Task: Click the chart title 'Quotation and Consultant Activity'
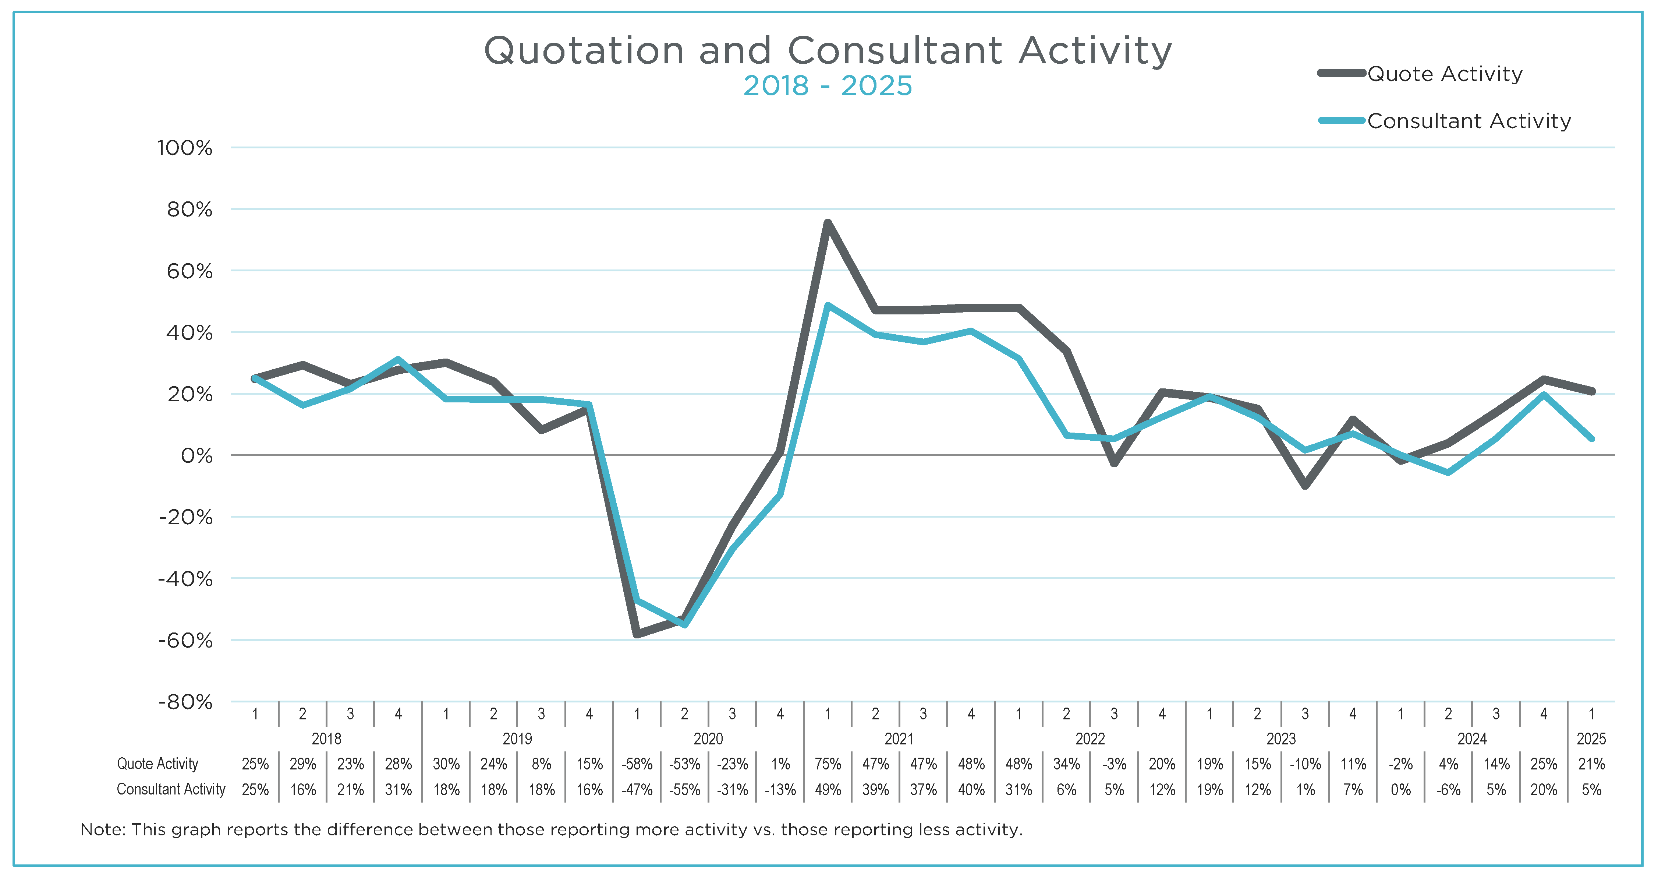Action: [x=828, y=50]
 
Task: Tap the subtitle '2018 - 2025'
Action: [x=828, y=86]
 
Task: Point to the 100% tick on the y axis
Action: [x=185, y=148]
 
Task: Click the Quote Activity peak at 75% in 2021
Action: [x=828, y=223]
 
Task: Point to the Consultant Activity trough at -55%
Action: [x=685, y=624]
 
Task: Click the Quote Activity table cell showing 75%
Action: [x=828, y=764]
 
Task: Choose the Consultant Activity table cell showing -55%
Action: [x=685, y=790]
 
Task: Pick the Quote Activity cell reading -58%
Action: [x=637, y=764]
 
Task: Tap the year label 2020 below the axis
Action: [x=708, y=739]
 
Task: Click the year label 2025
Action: [x=1591, y=739]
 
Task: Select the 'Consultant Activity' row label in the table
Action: [x=171, y=790]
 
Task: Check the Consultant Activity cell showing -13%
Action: [x=780, y=790]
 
